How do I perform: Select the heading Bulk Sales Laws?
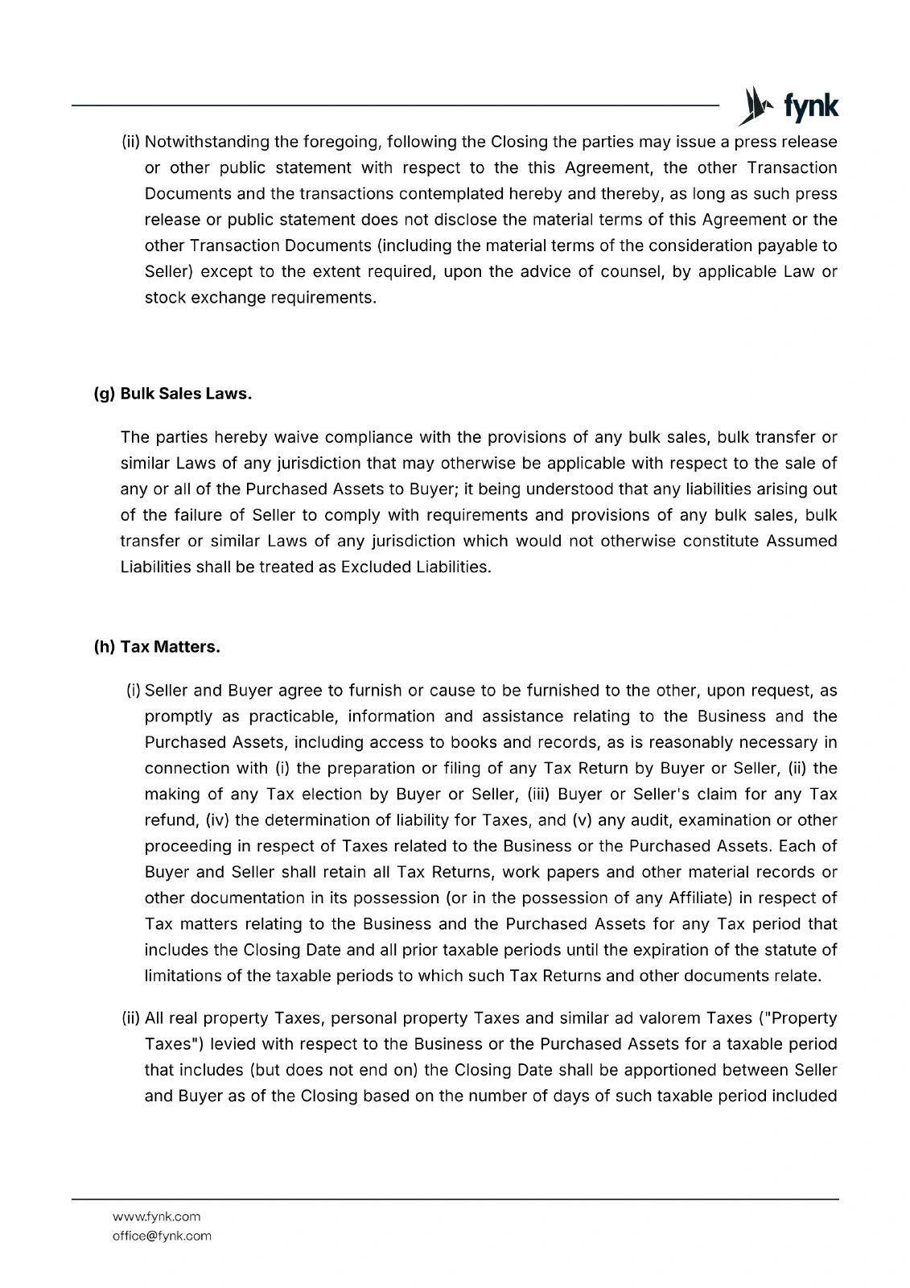[x=187, y=394]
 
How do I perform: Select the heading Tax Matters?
[x=170, y=647]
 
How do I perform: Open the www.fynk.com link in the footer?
[x=156, y=1216]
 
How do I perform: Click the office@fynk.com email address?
[x=162, y=1236]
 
